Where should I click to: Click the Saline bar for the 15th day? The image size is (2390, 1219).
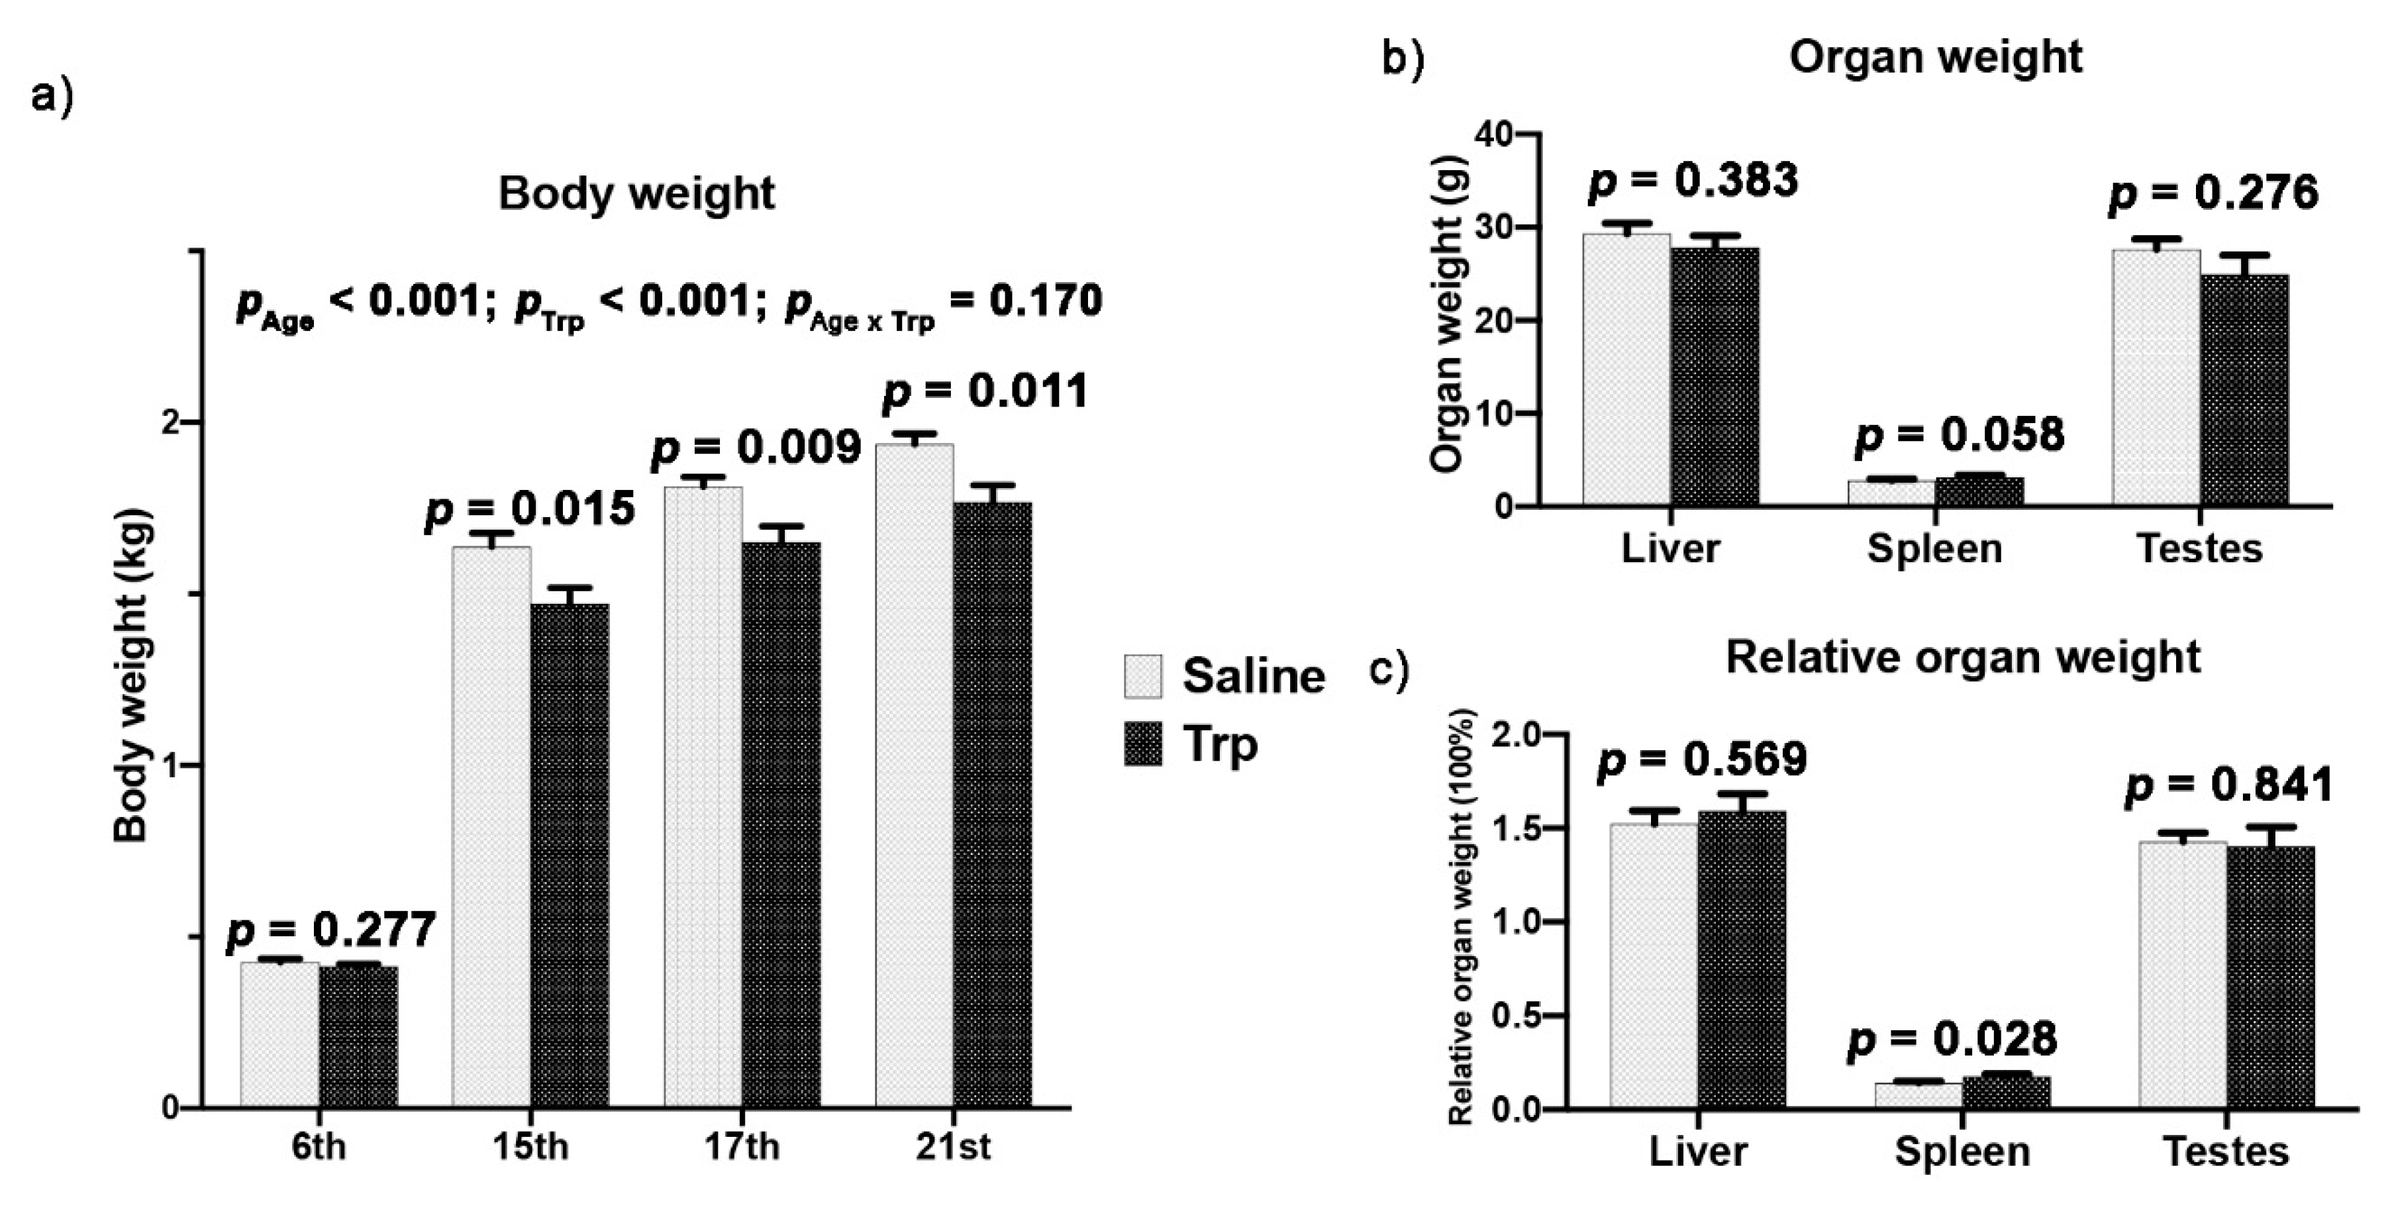[491, 826]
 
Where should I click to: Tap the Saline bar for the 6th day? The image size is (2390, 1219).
[279, 1034]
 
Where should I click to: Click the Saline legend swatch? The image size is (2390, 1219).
[1142, 676]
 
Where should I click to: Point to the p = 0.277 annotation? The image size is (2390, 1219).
[331, 930]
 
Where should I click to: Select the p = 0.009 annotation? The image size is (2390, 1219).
[756, 448]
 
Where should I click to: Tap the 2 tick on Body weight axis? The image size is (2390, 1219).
[169, 422]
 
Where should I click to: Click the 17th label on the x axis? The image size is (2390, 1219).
[741, 1147]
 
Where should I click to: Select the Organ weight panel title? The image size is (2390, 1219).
[1936, 58]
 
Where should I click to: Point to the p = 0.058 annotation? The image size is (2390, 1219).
[1960, 435]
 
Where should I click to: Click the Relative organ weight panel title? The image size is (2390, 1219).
[1962, 658]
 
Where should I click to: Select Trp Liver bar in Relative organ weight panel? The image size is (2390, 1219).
[1742, 959]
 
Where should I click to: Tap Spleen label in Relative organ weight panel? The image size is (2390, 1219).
[1962, 1151]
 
